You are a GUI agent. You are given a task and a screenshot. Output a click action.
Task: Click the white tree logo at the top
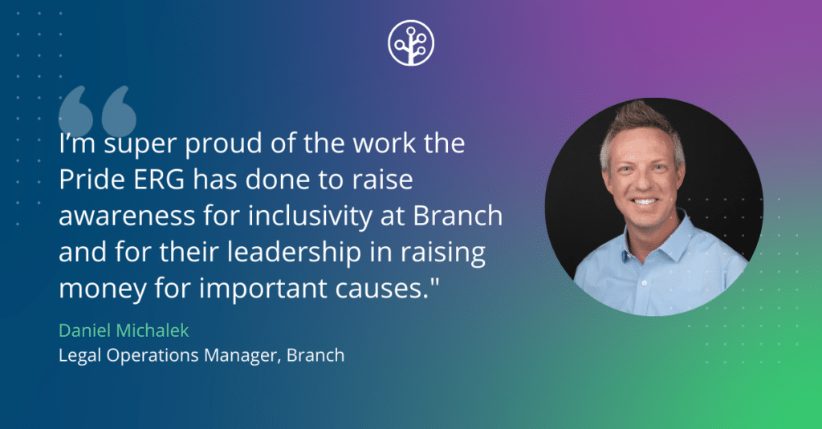(411, 42)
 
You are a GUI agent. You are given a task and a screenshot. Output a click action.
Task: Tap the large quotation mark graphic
(97, 110)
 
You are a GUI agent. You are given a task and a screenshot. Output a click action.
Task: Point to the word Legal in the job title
(79, 354)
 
